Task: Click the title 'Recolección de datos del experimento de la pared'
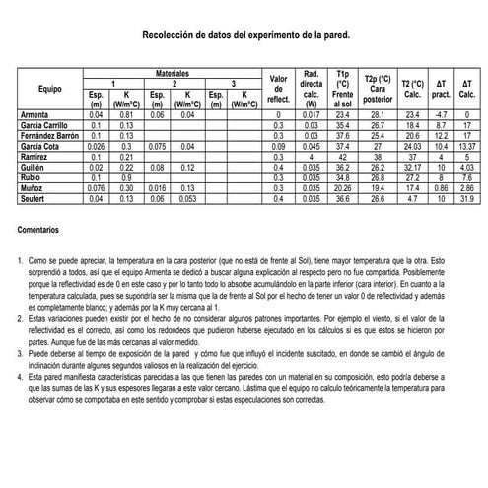pyautogui.click(x=245, y=34)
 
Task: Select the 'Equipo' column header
pyautogui.click(x=50, y=89)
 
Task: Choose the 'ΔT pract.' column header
pyautogui.click(x=441, y=90)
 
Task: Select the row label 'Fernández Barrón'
pyautogui.click(x=51, y=135)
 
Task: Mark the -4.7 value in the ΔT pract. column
pyautogui.click(x=441, y=116)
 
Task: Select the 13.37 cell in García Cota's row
pyautogui.click(x=467, y=145)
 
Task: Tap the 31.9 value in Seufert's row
pyautogui.click(x=467, y=199)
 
